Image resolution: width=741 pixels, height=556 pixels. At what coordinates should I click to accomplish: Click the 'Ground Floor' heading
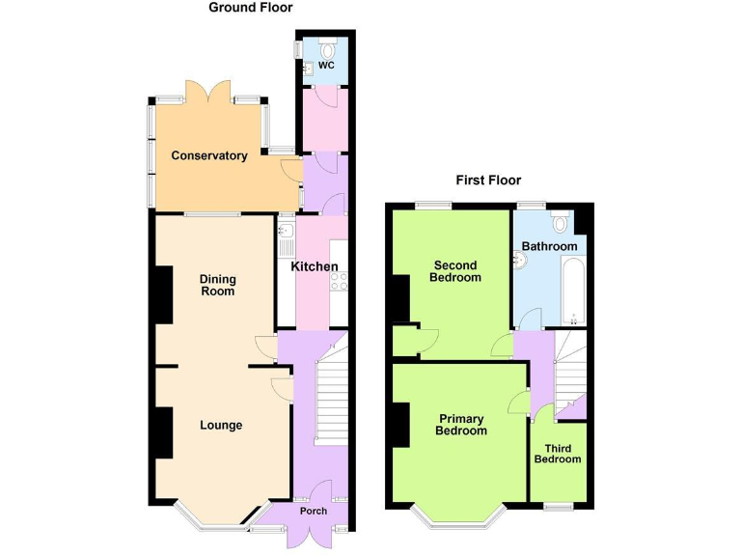click(251, 8)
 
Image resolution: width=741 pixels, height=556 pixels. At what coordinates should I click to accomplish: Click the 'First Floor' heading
click(488, 181)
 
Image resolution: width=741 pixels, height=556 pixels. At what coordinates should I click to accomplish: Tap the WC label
click(326, 66)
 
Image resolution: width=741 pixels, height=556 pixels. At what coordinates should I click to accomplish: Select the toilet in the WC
click(328, 48)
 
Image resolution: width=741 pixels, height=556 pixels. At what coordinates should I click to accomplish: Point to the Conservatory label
click(209, 155)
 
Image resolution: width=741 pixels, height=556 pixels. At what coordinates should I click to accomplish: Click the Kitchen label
click(315, 266)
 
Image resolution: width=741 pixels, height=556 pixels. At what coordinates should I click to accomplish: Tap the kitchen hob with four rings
click(339, 280)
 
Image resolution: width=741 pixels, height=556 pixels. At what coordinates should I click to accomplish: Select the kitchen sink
click(286, 233)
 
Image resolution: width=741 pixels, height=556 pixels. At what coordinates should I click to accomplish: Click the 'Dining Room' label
click(217, 285)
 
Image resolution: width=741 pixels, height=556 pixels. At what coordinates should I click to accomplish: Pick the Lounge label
click(221, 425)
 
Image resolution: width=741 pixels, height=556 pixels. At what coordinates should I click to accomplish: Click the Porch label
click(313, 511)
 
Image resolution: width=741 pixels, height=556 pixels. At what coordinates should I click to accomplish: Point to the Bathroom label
click(549, 246)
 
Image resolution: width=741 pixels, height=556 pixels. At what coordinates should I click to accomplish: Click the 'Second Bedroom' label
click(456, 271)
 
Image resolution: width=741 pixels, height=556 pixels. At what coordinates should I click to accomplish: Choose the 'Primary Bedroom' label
click(461, 425)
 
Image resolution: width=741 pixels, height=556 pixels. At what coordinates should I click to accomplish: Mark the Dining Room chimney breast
click(159, 293)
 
